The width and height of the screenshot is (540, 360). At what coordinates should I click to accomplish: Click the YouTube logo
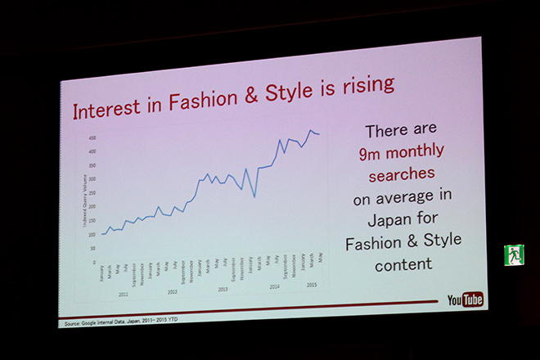pyautogui.click(x=465, y=299)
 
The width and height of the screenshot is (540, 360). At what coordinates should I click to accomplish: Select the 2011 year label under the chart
pyautogui.click(x=123, y=293)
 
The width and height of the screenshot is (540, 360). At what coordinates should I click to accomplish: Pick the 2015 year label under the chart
pyautogui.click(x=311, y=285)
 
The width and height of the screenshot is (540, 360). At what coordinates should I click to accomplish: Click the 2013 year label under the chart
pyautogui.click(x=223, y=289)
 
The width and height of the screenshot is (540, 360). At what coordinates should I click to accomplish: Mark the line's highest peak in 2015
pyautogui.click(x=311, y=130)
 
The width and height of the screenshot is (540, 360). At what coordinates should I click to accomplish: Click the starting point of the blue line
pyautogui.click(x=101, y=234)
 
